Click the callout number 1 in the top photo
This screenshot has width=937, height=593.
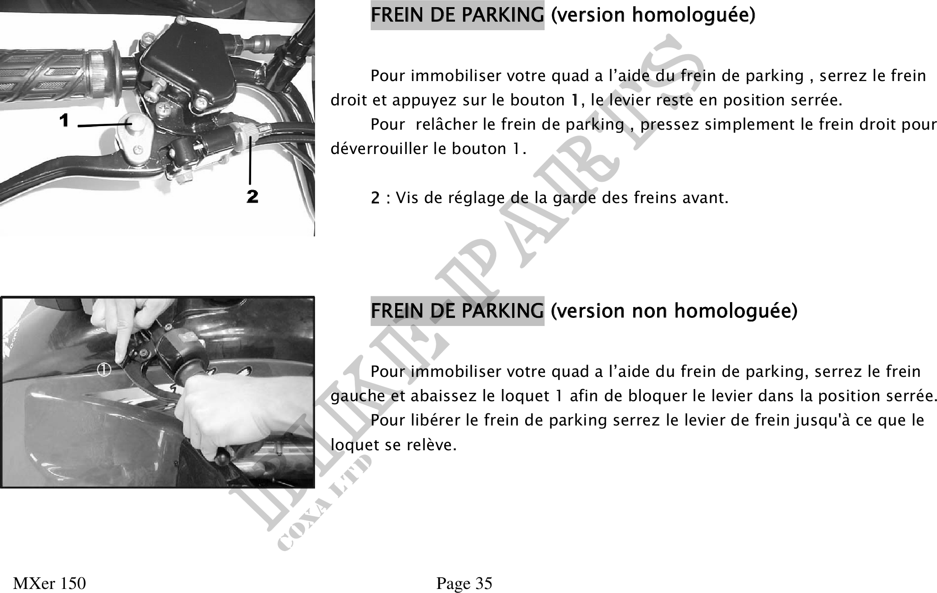(64, 121)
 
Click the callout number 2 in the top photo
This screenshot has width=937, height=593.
(252, 197)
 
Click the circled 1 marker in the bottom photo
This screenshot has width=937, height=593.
(104, 370)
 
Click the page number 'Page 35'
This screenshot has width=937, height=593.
(464, 584)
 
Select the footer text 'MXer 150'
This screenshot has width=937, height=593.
(50, 584)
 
